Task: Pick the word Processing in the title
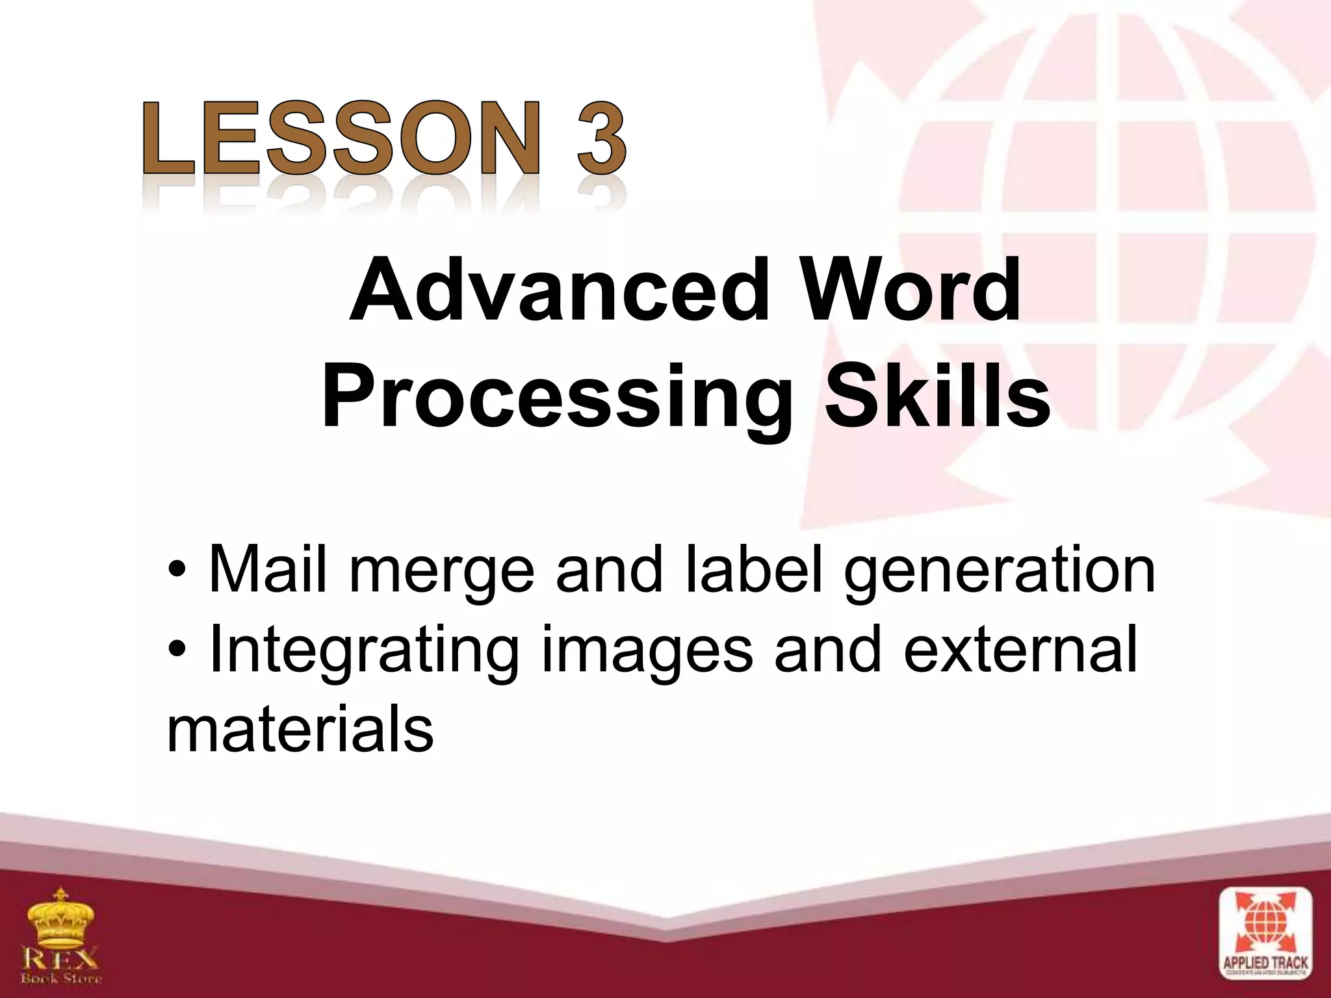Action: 556,398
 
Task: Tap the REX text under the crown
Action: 62,958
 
